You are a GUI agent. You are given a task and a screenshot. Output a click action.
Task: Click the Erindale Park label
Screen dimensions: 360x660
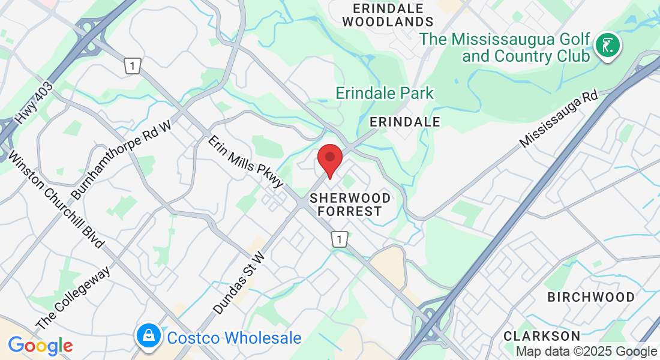point(384,93)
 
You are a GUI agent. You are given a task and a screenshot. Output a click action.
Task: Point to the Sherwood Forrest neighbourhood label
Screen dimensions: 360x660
point(349,205)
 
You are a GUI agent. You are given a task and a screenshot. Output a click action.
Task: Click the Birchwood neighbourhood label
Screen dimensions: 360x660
point(591,297)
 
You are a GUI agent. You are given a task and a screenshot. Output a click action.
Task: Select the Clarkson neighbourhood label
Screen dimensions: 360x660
point(542,335)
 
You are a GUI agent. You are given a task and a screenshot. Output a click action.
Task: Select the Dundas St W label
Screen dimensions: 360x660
point(239,283)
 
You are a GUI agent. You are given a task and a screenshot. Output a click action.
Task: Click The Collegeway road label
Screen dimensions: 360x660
point(73,298)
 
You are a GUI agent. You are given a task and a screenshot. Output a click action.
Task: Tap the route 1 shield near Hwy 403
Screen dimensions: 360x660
point(133,66)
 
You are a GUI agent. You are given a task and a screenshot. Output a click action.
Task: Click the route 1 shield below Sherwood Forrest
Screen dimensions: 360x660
point(340,239)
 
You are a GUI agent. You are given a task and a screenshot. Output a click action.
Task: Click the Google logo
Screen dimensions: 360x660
point(40,346)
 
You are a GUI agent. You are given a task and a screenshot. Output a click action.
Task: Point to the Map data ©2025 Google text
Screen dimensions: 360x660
point(586,352)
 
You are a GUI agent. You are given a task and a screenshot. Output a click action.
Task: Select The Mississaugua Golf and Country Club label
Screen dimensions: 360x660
point(505,47)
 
